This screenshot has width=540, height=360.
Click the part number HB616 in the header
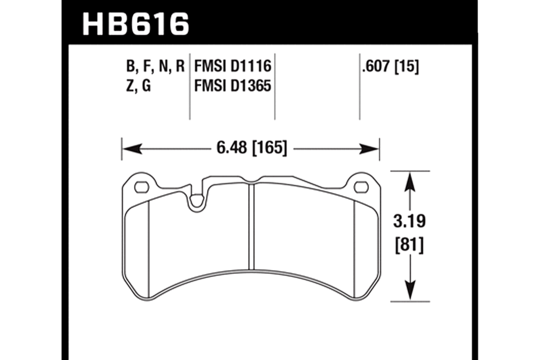pos(136,24)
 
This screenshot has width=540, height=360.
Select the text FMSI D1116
pos(233,66)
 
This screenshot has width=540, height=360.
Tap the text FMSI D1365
pos(233,86)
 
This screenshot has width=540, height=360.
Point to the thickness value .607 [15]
pos(391,66)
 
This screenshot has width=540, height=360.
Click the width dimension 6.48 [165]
pos(252,148)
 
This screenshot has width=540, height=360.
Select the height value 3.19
pos(410,221)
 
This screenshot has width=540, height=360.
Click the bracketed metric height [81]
pos(410,246)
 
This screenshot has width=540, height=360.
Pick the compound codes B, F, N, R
pos(156,67)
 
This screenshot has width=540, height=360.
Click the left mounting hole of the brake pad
pos(141,187)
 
